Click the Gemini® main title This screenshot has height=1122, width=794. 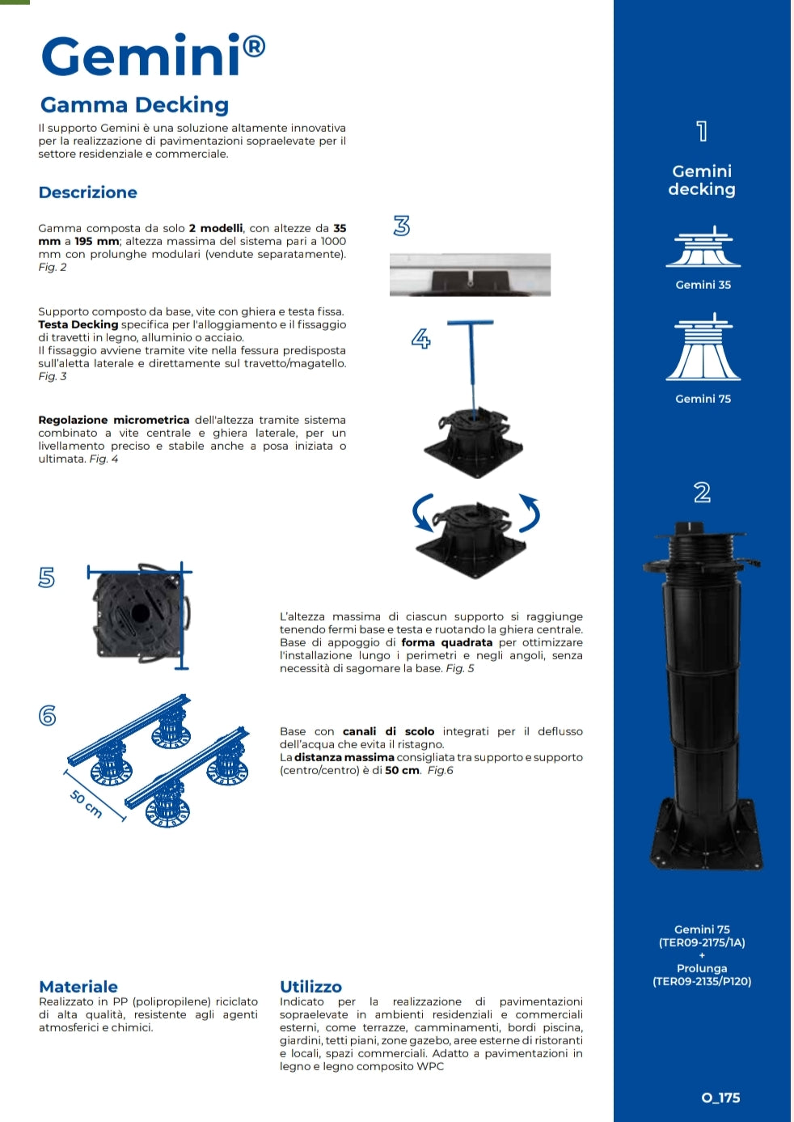(x=153, y=55)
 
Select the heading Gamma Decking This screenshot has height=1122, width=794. (x=134, y=105)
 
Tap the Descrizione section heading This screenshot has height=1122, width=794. (x=87, y=193)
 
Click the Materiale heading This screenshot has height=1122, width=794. (x=78, y=987)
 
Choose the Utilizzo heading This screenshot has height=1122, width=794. (x=311, y=987)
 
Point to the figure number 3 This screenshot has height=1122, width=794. (x=402, y=226)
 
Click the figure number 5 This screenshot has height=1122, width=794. (x=47, y=577)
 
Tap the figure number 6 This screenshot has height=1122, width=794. (x=48, y=715)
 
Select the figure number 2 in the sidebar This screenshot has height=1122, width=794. (x=702, y=493)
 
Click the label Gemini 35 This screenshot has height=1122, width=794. (x=703, y=285)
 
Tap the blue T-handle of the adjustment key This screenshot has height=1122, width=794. (x=470, y=324)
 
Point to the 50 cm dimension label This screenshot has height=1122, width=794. (x=86, y=804)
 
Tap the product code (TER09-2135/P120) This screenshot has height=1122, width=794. (x=702, y=981)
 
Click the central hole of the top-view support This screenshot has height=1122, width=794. (x=140, y=612)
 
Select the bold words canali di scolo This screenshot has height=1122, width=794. (x=388, y=731)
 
